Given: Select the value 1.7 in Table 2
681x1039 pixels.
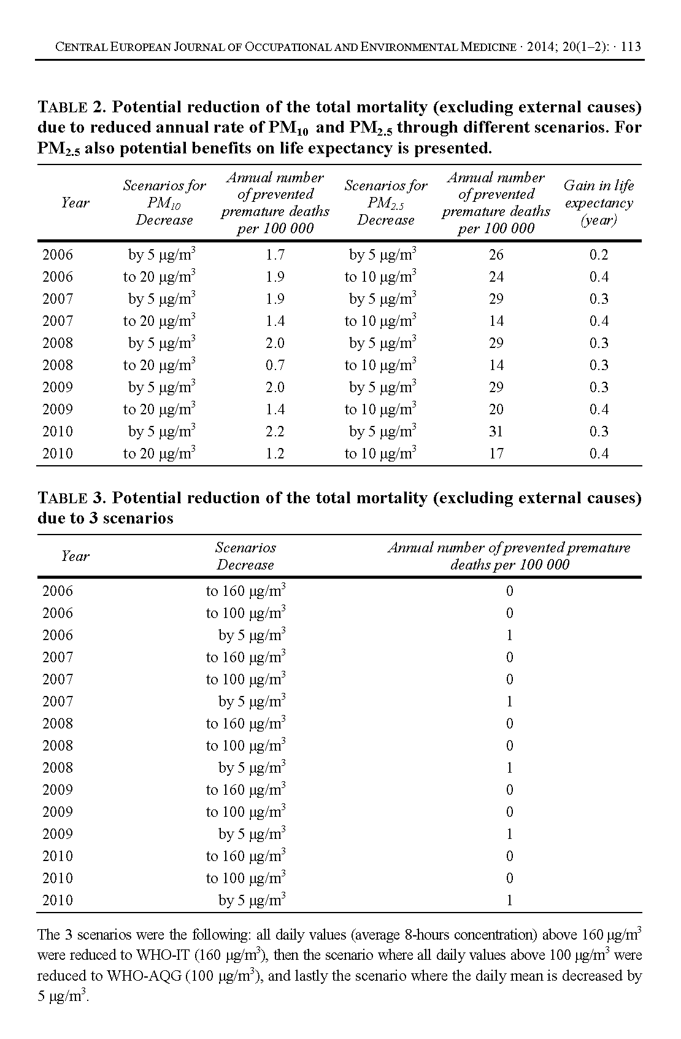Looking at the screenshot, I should (275, 255).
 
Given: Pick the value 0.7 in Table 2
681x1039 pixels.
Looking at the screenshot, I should (275, 365).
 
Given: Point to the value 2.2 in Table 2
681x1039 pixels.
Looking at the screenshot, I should (275, 431).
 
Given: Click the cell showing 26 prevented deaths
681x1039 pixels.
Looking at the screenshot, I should (496, 255).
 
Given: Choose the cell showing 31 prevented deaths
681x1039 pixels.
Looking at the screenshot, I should (496, 431).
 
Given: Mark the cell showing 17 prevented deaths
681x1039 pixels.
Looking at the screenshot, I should (496, 454).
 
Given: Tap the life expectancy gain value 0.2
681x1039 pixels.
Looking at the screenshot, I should (599, 255).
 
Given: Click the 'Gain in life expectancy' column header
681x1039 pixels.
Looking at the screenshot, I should (599, 203).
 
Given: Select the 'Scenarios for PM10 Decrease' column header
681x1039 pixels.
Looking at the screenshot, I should (164, 203).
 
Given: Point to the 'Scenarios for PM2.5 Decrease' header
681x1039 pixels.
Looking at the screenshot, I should (386, 203).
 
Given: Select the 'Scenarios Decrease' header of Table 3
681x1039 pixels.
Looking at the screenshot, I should (245, 556).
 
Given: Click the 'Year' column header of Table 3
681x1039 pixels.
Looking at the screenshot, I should (75, 556).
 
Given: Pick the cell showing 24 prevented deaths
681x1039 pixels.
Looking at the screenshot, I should (496, 277).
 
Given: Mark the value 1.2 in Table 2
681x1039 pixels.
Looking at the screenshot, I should (275, 454).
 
